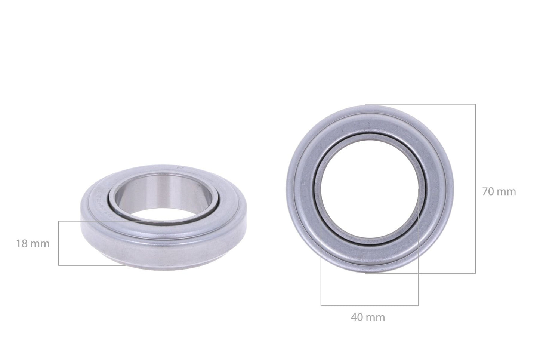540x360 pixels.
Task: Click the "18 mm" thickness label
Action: tap(33, 244)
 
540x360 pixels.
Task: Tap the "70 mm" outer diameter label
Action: tap(499, 191)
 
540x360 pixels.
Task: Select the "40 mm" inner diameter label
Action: tap(368, 317)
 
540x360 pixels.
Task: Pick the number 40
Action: tap(357, 317)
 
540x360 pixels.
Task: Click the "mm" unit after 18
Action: tap(40, 244)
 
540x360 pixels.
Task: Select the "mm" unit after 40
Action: tap(375, 317)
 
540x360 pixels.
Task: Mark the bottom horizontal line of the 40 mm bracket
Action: tap(369, 305)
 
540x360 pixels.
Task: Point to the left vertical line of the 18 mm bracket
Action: tap(59, 243)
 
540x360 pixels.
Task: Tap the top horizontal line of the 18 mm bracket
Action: tap(93, 221)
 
